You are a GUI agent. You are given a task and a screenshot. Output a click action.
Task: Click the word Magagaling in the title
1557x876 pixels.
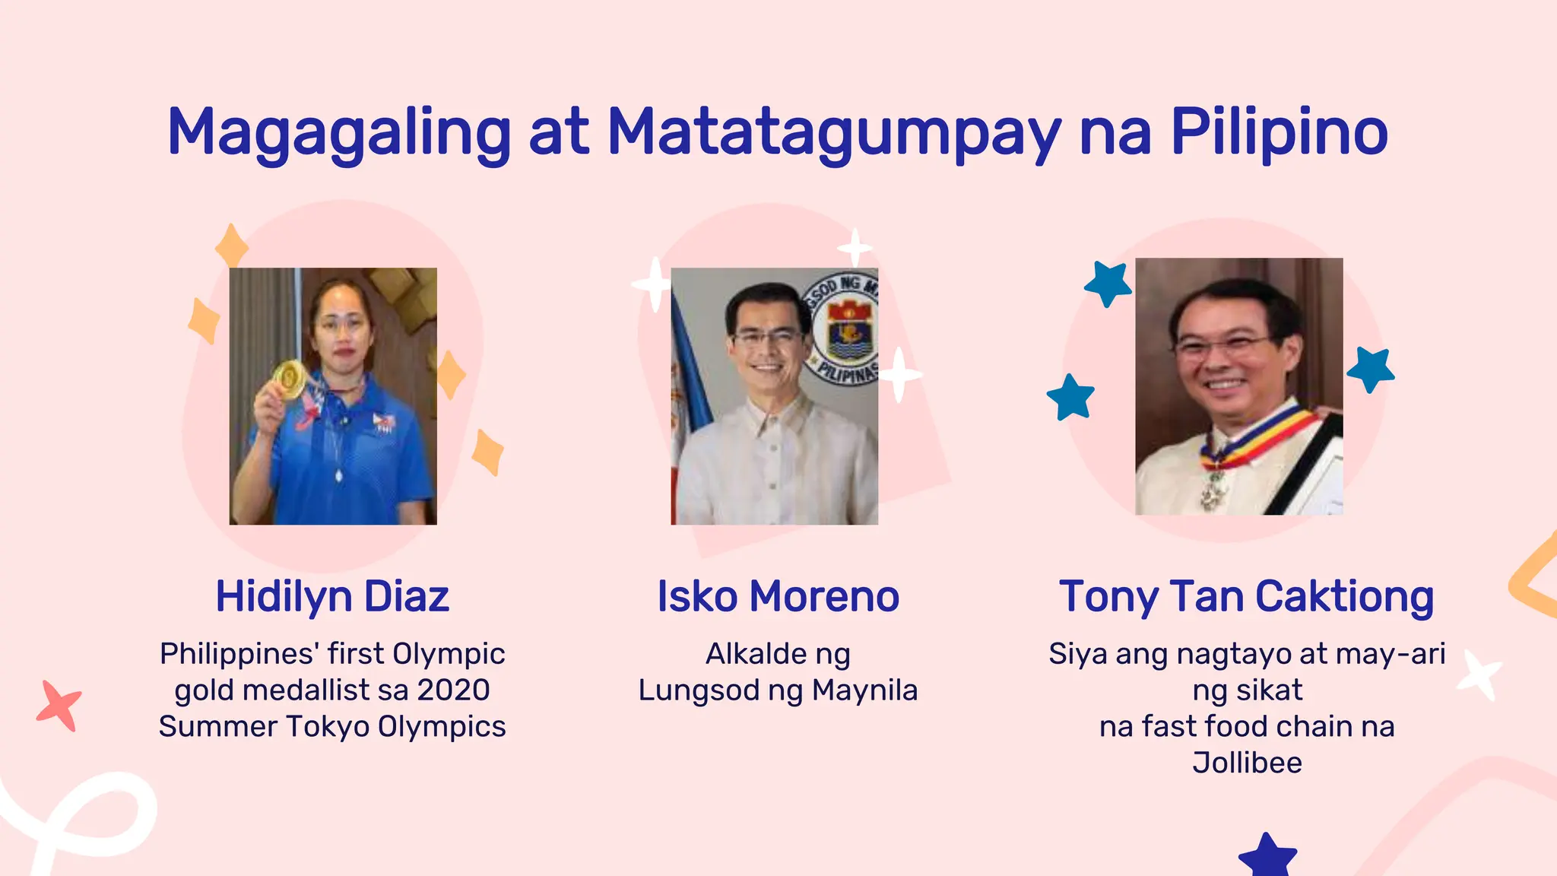coord(338,133)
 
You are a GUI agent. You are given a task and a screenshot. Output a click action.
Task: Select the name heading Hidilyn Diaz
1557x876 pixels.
coord(332,596)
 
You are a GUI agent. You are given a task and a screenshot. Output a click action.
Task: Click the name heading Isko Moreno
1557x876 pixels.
coord(778,596)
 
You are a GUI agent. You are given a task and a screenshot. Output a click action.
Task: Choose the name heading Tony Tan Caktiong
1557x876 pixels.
coord(1246,596)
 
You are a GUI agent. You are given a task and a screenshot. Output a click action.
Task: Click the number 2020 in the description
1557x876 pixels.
coord(453,690)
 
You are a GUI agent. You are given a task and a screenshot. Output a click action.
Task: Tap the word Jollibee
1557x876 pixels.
coord(1247,762)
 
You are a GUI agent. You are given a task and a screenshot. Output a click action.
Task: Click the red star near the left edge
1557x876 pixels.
coord(59,706)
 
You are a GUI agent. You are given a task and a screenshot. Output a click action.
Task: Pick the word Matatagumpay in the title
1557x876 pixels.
coord(834,133)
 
